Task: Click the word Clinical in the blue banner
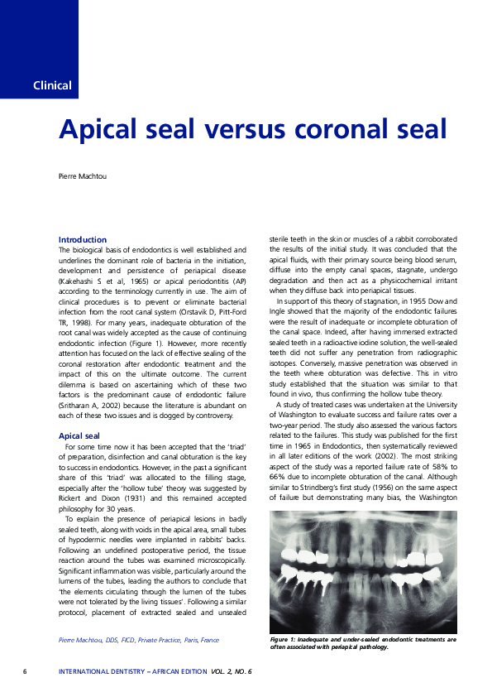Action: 52,85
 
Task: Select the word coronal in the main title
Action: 346,129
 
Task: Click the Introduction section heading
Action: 83,239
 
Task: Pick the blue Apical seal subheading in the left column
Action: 79,435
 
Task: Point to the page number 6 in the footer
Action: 25,671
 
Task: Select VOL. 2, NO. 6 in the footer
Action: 232,671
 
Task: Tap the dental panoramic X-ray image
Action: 364,570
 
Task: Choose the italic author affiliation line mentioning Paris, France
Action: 139,640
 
